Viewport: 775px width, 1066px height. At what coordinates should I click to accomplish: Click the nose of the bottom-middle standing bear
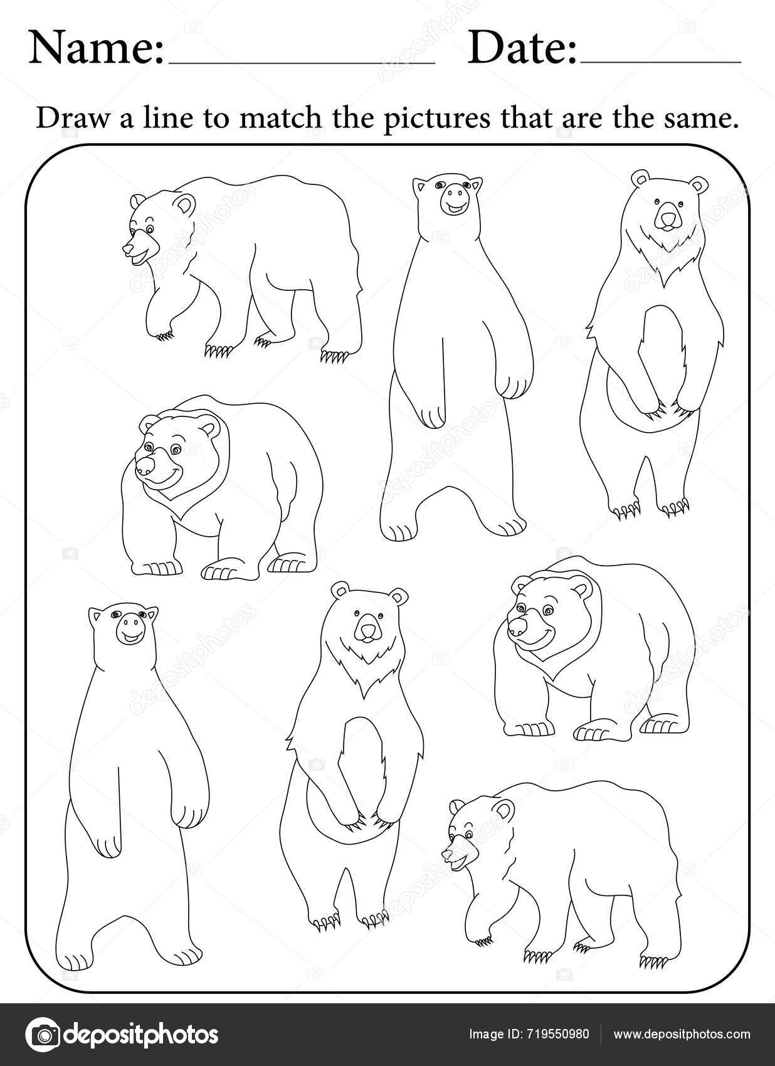point(366,630)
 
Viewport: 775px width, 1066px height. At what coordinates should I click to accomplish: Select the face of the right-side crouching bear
point(530,618)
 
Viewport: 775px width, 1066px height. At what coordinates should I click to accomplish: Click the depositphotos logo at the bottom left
point(122,1033)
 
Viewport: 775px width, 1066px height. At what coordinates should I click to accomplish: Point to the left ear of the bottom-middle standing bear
point(340,590)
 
